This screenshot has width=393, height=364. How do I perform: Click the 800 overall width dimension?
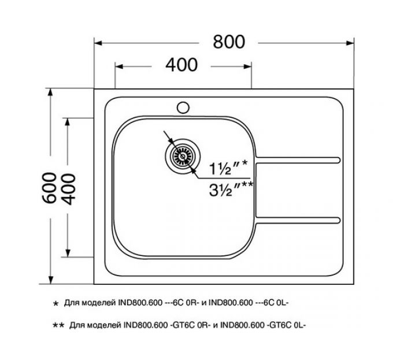(x=229, y=42)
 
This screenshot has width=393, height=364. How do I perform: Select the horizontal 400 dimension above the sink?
(x=181, y=65)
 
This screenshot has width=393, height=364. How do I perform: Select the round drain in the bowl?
(x=183, y=155)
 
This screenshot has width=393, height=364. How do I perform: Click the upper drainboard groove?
(x=298, y=159)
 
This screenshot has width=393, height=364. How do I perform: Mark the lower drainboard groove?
(x=298, y=220)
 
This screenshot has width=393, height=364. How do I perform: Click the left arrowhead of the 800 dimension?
(x=98, y=43)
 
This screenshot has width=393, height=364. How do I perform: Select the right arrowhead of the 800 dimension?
(x=350, y=43)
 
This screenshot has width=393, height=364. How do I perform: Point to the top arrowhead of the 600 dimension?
(x=50, y=93)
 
